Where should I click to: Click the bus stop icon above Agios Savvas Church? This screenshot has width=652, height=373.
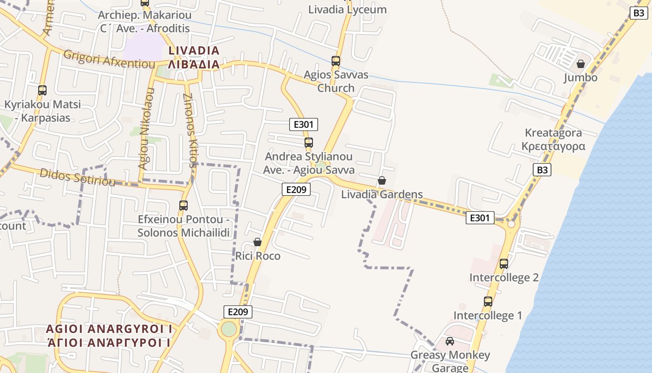336,61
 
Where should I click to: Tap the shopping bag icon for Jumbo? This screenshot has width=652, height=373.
581,64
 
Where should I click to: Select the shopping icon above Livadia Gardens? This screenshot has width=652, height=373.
382,180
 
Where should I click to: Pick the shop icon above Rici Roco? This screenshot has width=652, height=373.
258,242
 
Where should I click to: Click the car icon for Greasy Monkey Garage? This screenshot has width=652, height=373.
450,341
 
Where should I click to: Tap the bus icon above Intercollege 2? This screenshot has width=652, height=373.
504,263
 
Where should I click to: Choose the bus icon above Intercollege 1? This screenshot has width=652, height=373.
488,301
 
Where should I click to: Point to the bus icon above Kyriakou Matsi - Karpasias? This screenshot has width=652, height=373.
42,90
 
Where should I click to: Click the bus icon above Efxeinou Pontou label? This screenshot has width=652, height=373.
183,205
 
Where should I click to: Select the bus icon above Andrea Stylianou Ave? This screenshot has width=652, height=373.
309,142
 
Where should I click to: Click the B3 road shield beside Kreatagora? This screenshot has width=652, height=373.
543,170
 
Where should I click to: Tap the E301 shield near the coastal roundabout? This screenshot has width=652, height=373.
480,218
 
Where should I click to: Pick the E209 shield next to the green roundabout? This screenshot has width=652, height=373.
238,312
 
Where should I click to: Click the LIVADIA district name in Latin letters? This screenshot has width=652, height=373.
194,51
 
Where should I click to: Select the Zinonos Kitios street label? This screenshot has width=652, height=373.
190,131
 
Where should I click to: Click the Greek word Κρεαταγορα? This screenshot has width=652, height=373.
553,146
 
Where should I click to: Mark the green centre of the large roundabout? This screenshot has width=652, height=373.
229,329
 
